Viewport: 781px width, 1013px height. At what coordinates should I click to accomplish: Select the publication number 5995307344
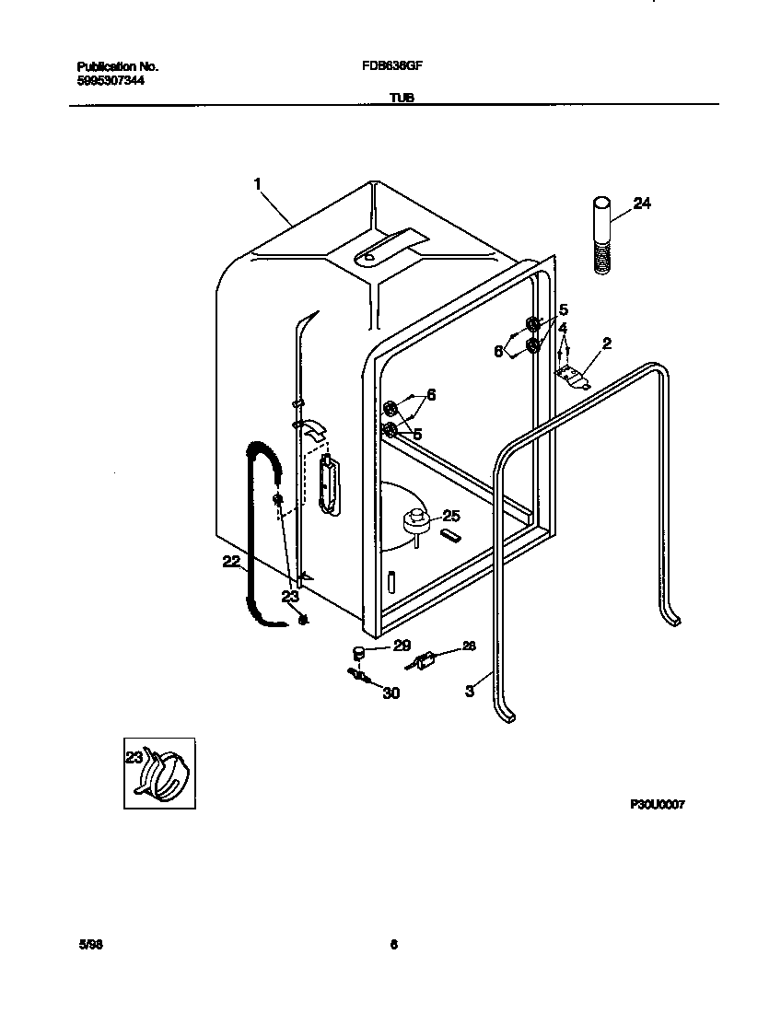tap(111, 80)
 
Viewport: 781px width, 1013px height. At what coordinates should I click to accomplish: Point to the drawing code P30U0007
tap(657, 804)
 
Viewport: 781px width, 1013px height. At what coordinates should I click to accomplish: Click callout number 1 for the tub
tap(257, 184)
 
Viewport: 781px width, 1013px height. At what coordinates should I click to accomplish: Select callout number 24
tap(642, 204)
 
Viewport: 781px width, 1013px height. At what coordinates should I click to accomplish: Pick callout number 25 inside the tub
tap(450, 515)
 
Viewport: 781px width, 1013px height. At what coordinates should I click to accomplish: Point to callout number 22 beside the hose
tap(231, 561)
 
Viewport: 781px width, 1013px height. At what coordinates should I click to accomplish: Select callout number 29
tap(402, 646)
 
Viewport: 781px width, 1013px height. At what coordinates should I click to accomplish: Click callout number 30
tap(390, 693)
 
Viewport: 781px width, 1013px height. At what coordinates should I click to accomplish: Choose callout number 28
tap(469, 646)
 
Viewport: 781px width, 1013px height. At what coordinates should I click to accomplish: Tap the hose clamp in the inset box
tap(167, 774)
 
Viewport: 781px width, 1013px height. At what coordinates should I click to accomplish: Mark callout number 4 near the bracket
tap(562, 328)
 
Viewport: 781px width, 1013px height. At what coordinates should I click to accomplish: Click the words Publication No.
tap(118, 67)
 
